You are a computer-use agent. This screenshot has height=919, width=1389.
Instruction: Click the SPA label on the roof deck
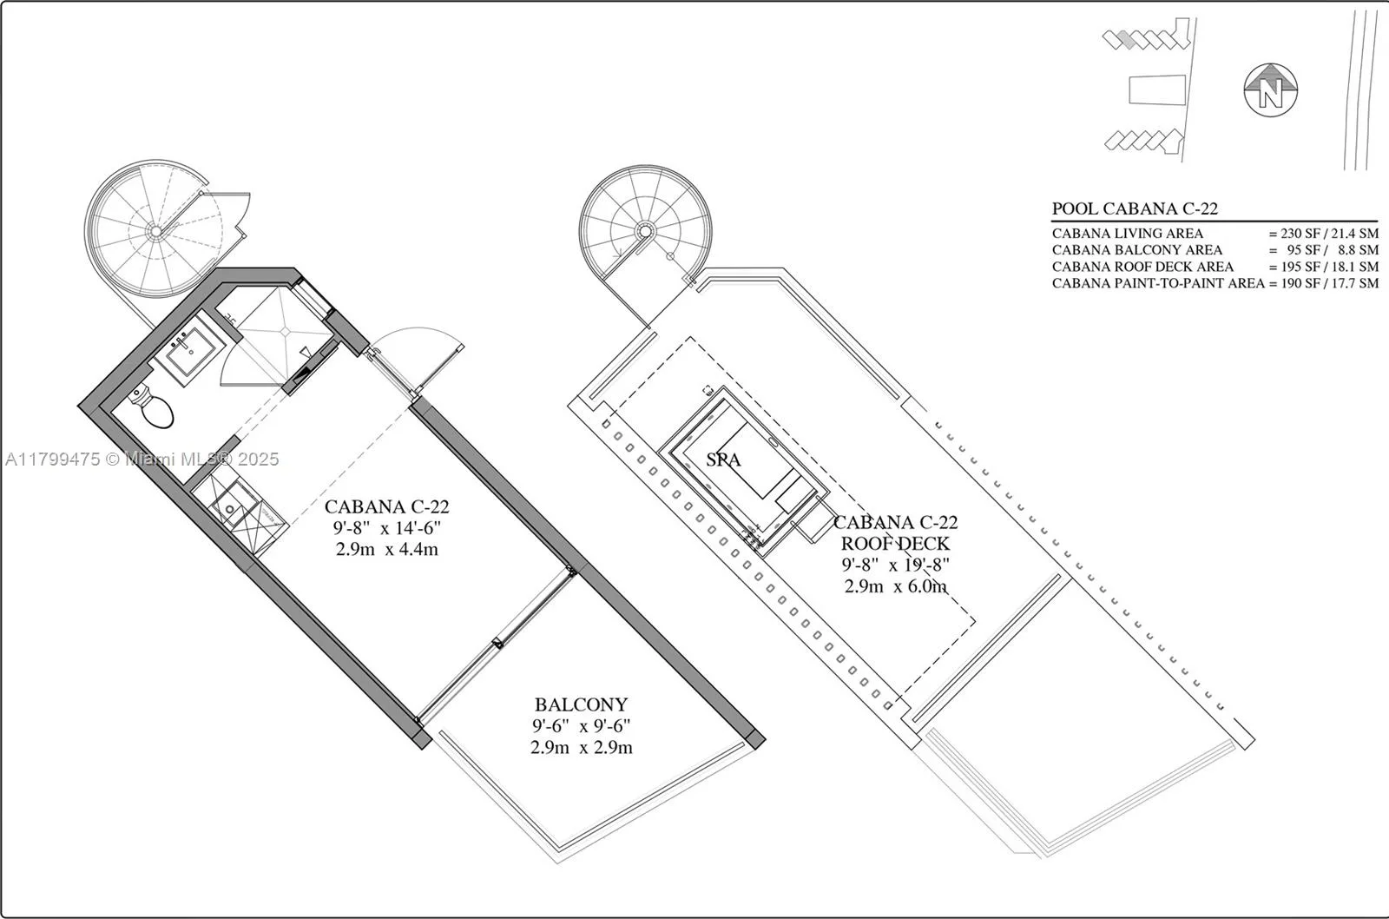click(x=723, y=459)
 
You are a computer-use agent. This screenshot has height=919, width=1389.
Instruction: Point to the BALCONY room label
click(x=581, y=704)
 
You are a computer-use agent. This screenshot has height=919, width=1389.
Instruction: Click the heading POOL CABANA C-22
click(x=1135, y=208)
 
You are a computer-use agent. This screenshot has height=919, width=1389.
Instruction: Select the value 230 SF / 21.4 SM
click(x=1323, y=234)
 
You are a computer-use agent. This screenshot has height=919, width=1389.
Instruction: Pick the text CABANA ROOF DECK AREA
click(x=1142, y=267)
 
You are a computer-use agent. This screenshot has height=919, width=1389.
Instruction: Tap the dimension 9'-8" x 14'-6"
click(x=387, y=528)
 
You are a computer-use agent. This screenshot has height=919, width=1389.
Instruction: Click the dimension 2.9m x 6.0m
click(x=895, y=585)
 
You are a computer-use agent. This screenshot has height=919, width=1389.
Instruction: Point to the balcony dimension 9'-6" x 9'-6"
click(x=581, y=725)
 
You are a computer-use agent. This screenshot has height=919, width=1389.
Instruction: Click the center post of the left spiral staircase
click(x=155, y=231)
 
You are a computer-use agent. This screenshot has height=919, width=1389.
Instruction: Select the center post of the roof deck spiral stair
click(x=645, y=231)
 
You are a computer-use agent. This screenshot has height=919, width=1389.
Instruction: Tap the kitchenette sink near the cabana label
click(x=230, y=509)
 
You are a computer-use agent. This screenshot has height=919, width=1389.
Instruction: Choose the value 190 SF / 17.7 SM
click(x=1323, y=283)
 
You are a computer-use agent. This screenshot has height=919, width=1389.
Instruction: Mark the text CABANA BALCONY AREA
click(x=1137, y=250)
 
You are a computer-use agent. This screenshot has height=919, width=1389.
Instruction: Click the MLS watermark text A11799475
click(x=52, y=459)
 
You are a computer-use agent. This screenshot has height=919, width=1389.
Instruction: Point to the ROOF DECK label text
click(x=895, y=544)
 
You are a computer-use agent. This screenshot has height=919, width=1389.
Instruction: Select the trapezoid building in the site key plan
click(x=1157, y=90)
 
